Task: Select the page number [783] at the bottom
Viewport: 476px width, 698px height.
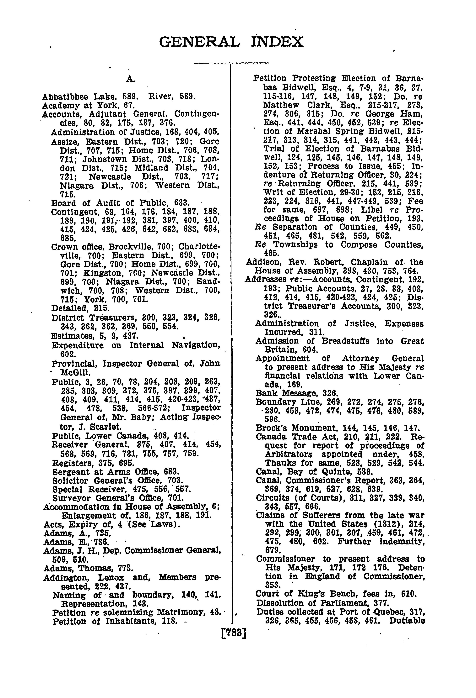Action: click(x=234, y=633)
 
